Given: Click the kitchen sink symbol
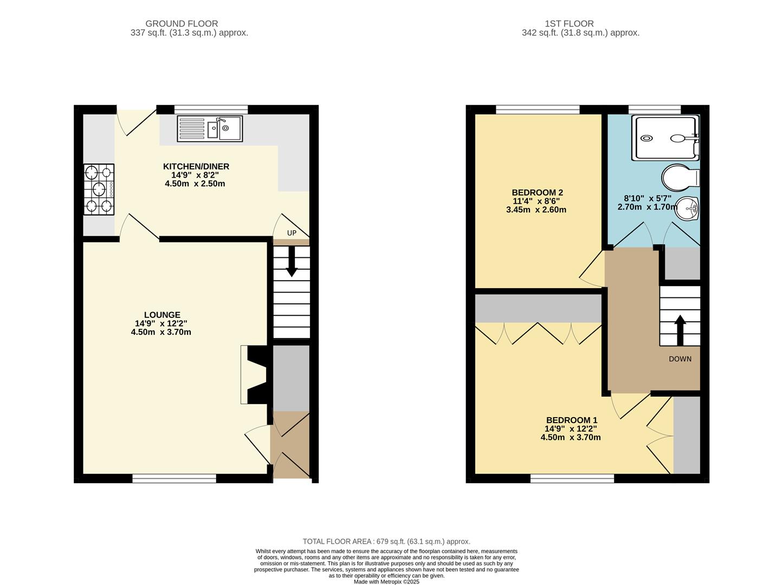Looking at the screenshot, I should (x=210, y=129).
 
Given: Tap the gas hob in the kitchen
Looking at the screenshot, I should (x=99, y=190).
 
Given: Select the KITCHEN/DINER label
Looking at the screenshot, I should (x=196, y=166).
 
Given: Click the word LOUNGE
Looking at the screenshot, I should (x=162, y=315).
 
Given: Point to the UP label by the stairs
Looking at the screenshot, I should (x=292, y=233).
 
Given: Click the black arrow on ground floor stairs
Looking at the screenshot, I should (x=292, y=262).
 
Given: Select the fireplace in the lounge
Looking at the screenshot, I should (x=255, y=375).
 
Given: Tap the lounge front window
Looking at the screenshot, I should (x=174, y=478).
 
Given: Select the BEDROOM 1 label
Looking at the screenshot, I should (x=572, y=420).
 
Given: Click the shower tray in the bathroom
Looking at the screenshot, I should (x=665, y=138).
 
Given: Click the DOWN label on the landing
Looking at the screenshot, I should (x=680, y=359).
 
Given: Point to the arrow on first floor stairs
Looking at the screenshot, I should (x=680, y=328).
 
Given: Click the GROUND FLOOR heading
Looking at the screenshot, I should (x=182, y=24).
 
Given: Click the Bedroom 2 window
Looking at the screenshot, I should (x=538, y=109).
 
